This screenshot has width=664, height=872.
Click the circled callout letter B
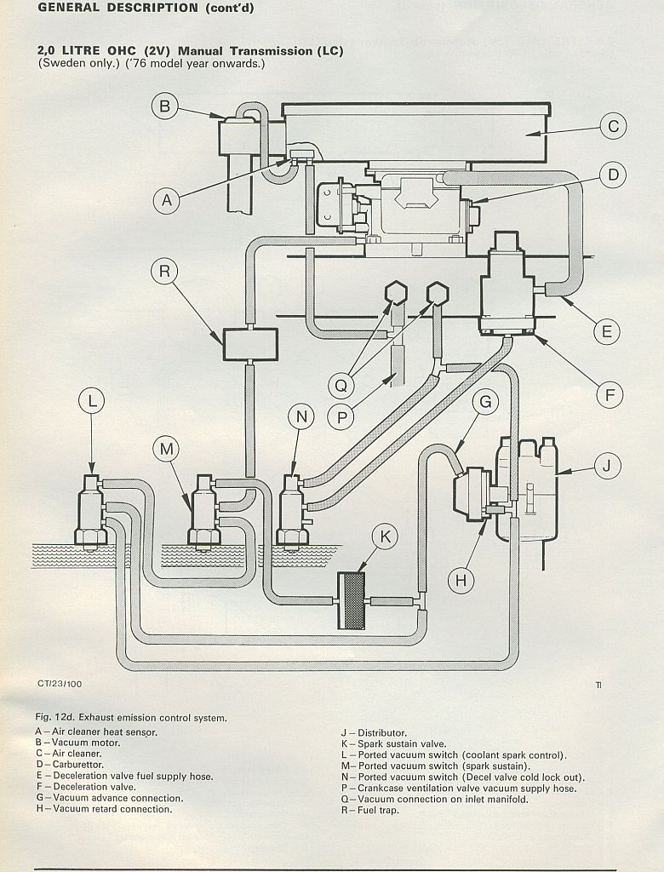[x=165, y=106]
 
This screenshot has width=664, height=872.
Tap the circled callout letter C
[x=613, y=127]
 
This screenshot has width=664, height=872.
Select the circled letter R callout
[x=164, y=272]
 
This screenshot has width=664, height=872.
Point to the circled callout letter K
[x=386, y=537]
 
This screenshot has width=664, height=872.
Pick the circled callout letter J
[x=607, y=466]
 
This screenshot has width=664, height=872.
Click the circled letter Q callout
[x=341, y=386]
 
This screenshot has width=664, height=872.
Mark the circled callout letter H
[x=461, y=581]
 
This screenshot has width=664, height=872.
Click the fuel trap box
[x=250, y=344]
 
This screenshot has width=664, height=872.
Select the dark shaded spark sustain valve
[x=352, y=600]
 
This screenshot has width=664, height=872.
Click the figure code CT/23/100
[x=60, y=684]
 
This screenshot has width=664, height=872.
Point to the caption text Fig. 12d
[x=55, y=718]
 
